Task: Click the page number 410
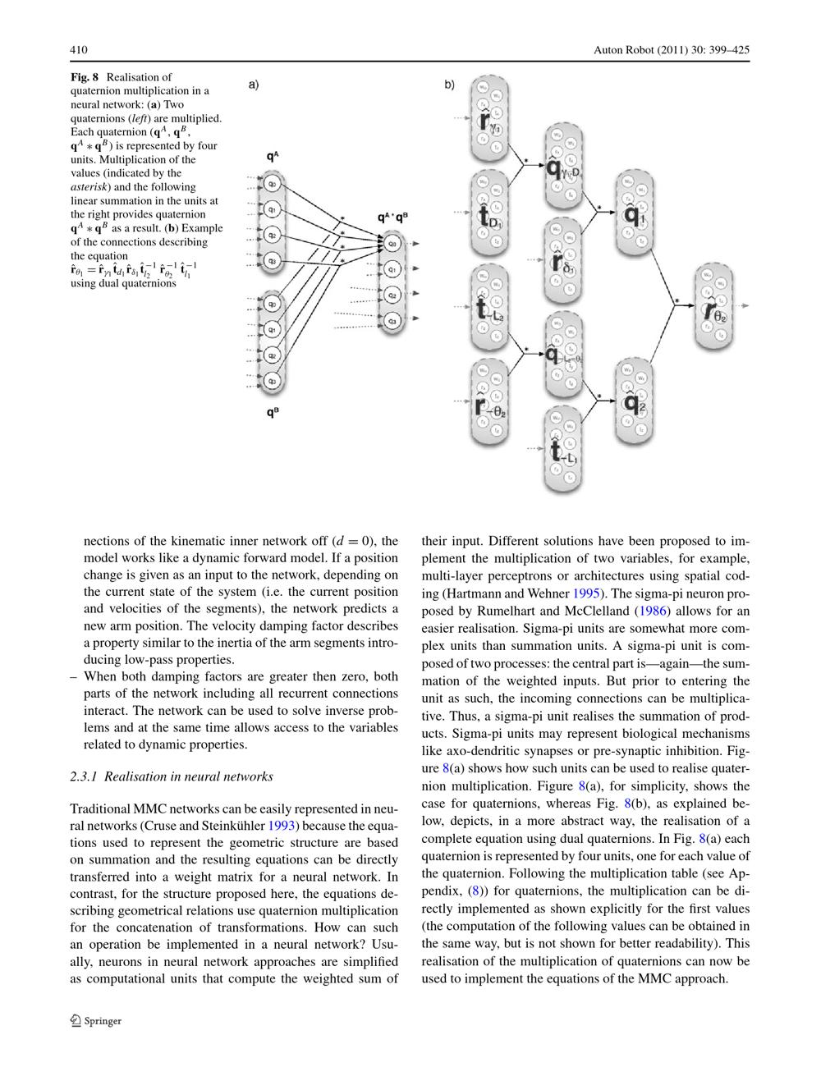coord(79,50)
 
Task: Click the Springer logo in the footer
coord(96,1021)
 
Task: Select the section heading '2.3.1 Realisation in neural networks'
coord(172,776)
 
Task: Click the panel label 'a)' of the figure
coord(254,84)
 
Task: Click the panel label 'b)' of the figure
coord(450,84)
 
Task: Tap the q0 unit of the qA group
coord(272,184)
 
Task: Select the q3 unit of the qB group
coord(272,381)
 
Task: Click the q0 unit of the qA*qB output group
coord(392,243)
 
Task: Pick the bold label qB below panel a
coord(272,413)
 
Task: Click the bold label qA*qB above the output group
coord(392,218)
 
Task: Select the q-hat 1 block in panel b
coord(633,213)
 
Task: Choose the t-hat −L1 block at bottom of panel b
coord(562,450)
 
